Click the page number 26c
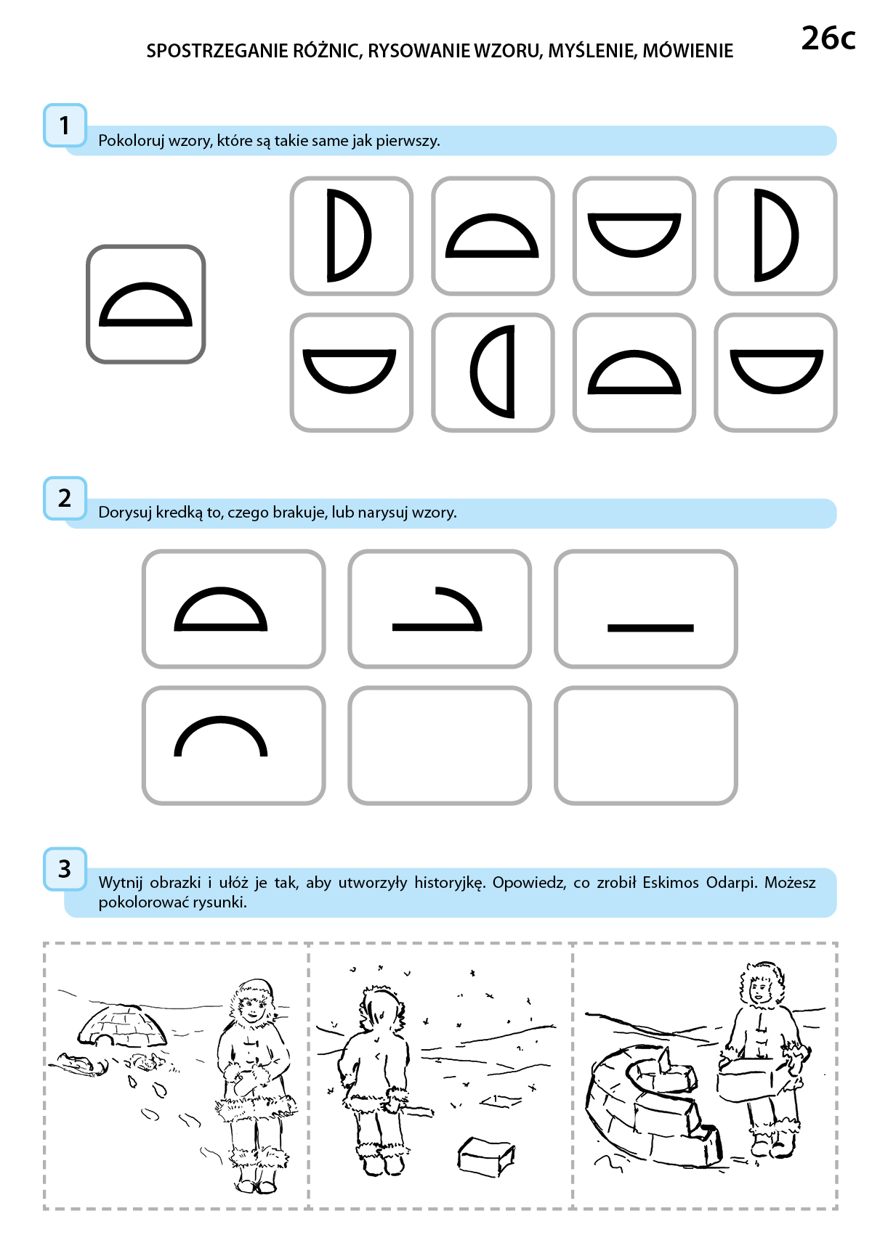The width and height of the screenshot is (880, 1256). click(828, 38)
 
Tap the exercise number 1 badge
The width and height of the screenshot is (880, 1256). click(65, 126)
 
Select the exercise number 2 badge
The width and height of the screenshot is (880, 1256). click(65, 498)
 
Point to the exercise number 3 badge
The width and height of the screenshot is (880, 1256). click(65, 868)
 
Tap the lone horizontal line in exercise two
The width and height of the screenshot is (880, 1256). click(650, 628)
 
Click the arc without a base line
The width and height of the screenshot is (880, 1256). click(221, 718)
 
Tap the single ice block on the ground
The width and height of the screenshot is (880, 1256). click(485, 1154)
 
